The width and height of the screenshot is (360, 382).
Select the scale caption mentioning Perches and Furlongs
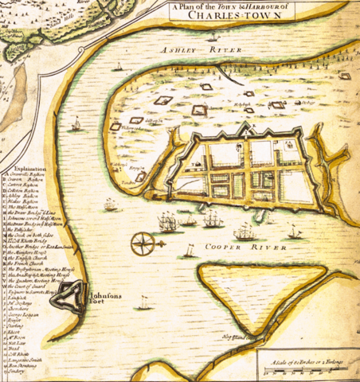click(307, 361)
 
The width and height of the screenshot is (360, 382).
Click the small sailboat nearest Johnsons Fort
click(143, 303)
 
